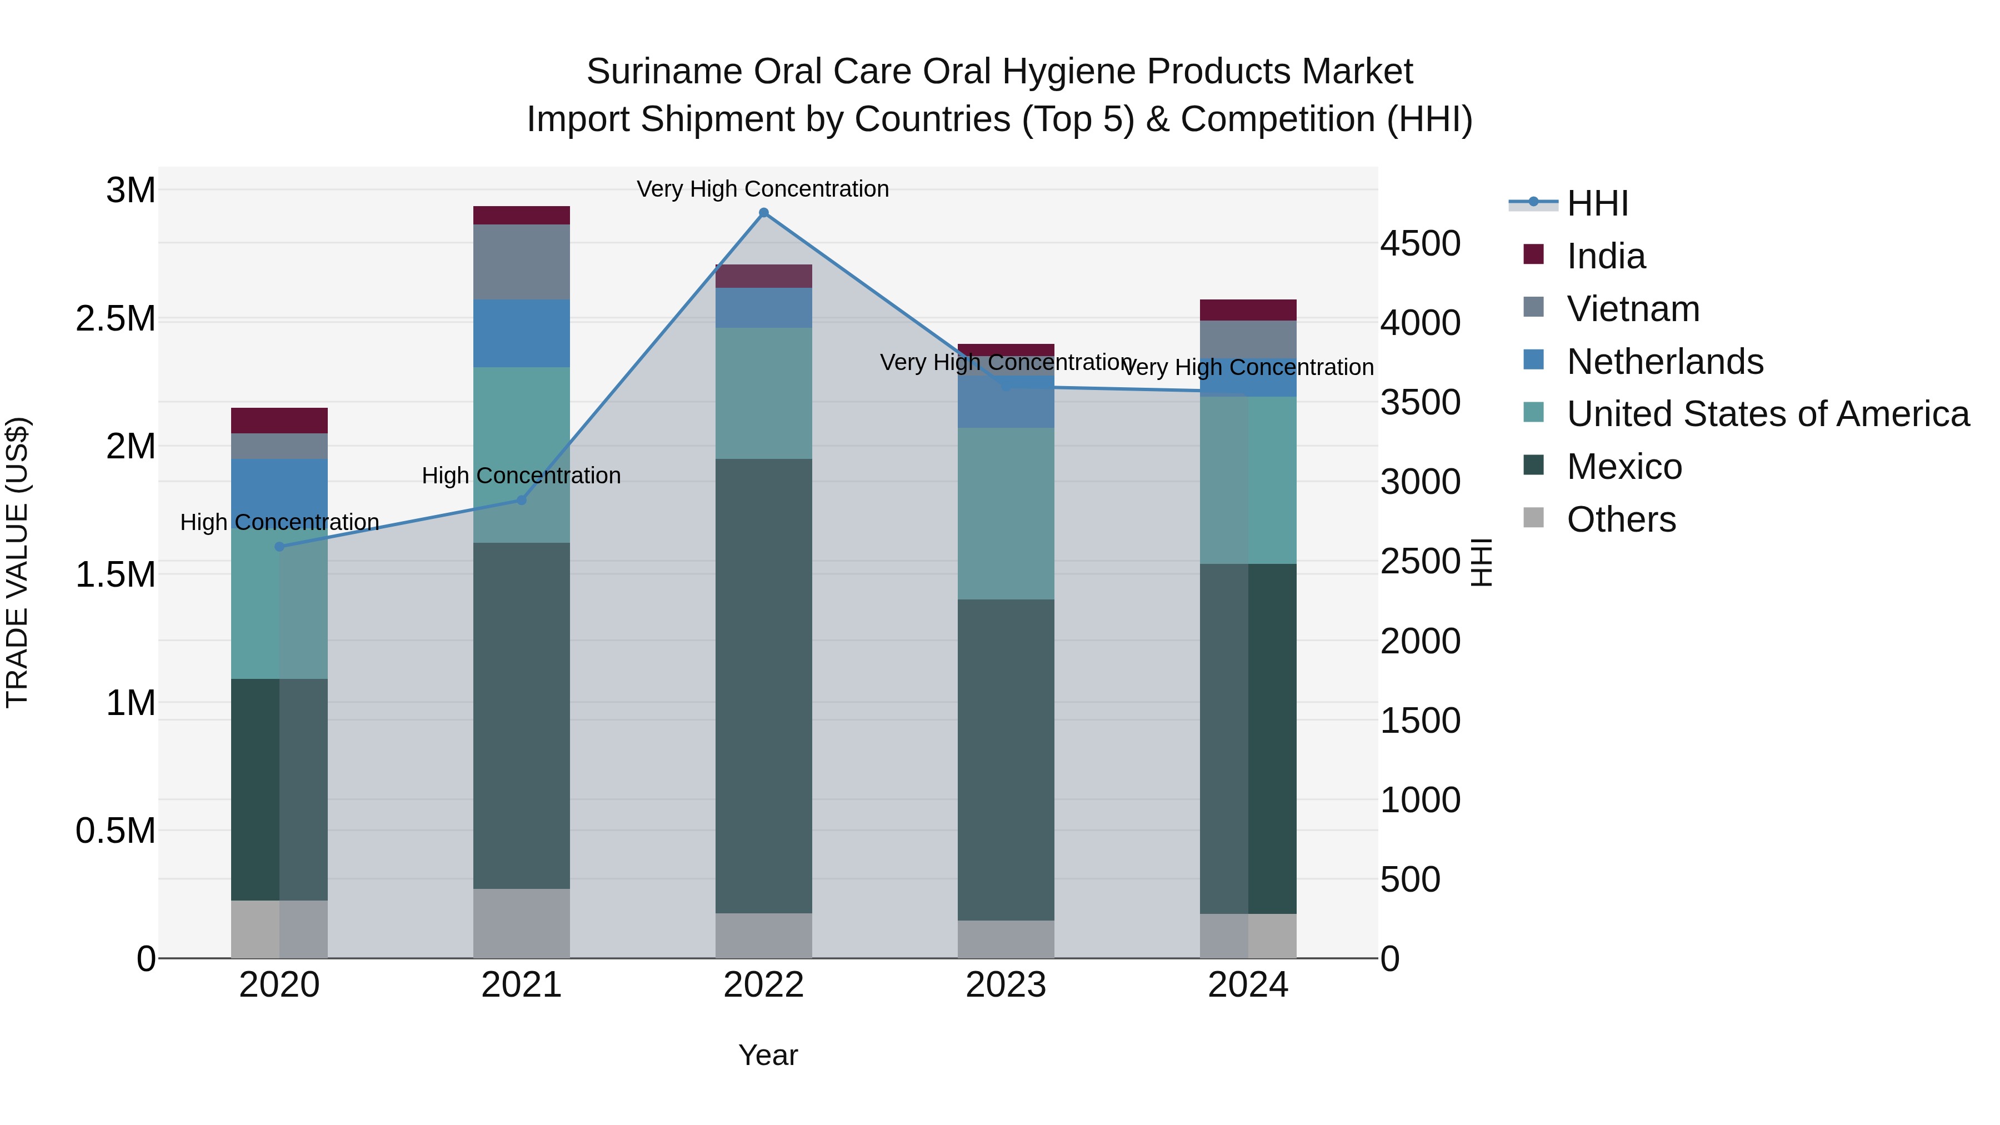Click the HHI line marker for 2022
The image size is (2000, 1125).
click(763, 213)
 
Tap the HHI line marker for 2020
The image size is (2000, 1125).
click(279, 547)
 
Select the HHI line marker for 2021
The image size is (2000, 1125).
click(522, 500)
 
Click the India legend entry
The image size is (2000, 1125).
click(1605, 256)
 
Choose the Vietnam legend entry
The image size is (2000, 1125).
click(1633, 309)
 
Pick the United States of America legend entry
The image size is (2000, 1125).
click(1767, 414)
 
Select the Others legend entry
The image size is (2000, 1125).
click(1621, 519)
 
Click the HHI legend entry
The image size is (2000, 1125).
click(1597, 203)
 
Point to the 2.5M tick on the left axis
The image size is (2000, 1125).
click(116, 319)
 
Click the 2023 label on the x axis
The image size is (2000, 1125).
click(1006, 985)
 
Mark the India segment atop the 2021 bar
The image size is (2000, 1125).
click(522, 215)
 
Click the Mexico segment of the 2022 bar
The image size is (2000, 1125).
click(763, 686)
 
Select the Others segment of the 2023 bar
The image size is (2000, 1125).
click(1006, 939)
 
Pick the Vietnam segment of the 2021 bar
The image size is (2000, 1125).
click(522, 262)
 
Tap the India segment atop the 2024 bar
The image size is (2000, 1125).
click(1248, 310)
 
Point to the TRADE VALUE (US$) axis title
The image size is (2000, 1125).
click(17, 562)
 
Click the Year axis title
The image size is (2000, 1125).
click(768, 1055)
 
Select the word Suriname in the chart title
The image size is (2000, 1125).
click(664, 72)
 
